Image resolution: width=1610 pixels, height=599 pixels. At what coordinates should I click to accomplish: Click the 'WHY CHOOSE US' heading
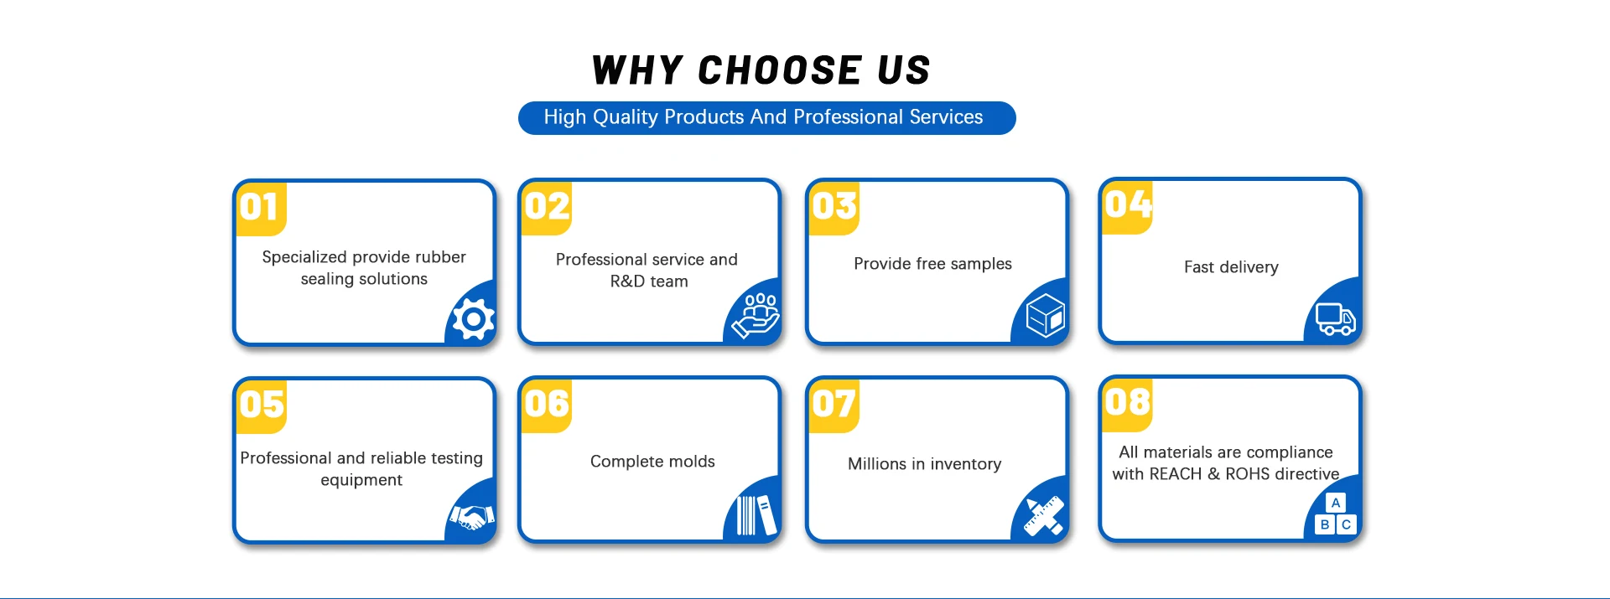point(761,70)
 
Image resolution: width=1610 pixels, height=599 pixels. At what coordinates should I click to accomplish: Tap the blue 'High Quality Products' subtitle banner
point(766,118)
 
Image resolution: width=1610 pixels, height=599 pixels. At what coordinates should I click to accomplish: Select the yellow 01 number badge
point(261,209)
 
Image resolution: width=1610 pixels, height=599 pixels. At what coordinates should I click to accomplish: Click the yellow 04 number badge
point(1127,207)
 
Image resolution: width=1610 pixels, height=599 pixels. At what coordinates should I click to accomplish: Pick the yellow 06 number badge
point(546,405)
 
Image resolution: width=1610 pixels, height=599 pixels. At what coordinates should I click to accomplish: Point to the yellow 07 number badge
point(834,405)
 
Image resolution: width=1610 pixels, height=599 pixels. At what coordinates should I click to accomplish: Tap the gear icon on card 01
point(473,319)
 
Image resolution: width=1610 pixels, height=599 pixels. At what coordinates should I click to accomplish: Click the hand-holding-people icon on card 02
point(756,316)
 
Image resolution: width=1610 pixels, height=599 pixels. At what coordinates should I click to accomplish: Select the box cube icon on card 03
point(1045,316)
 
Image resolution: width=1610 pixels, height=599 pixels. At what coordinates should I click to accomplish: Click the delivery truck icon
point(1335,318)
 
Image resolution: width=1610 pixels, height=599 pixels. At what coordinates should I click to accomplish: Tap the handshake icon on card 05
point(472,517)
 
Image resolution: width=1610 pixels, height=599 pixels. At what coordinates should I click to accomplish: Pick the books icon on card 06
point(756,515)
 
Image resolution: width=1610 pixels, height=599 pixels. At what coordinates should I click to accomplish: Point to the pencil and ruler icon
point(1044,515)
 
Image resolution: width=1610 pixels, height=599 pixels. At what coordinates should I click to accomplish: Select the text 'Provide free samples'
point(932,264)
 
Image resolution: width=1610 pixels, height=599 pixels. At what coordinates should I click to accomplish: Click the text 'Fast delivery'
point(1231,267)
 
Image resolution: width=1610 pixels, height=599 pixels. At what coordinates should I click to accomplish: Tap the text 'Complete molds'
point(652,462)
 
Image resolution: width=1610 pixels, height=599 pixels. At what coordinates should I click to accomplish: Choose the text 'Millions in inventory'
point(924,464)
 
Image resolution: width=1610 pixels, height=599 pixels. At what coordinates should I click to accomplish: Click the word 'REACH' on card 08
point(1175,474)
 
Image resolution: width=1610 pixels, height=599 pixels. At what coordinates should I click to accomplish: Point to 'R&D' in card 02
point(627,281)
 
